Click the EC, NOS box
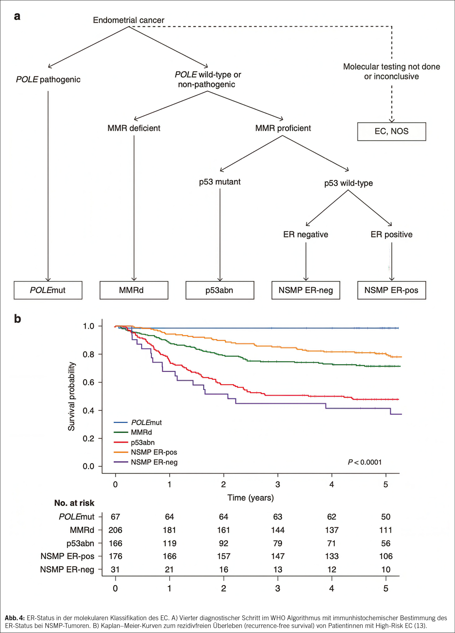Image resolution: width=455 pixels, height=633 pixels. pos(391,132)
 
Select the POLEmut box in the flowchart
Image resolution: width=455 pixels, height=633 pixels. pos(48,290)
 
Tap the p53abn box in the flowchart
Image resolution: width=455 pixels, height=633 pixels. pos(219,290)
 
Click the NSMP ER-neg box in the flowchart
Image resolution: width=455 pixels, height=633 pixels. pos(306,290)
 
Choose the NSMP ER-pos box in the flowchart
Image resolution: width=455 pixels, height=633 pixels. pos(391,290)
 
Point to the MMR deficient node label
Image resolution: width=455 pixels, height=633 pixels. pos(134,128)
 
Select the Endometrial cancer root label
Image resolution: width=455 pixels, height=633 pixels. pos(129,20)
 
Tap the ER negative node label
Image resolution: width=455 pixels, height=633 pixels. pos(306,234)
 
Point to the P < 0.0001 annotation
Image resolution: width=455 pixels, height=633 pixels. pos(365,462)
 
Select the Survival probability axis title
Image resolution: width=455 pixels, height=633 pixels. pos(71,396)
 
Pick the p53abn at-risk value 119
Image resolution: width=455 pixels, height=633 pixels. pos(169,543)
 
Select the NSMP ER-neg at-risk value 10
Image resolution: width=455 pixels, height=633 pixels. pos(386,569)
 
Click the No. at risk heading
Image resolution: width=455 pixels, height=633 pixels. pos(74,503)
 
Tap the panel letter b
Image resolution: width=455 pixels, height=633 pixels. pos(18,318)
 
